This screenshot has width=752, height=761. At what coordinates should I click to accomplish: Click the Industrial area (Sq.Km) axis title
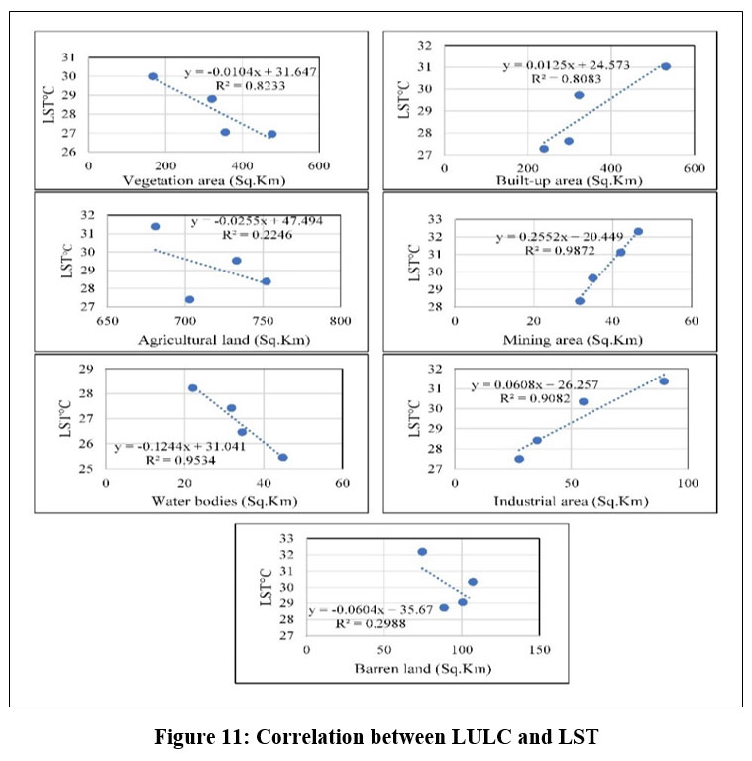(571, 501)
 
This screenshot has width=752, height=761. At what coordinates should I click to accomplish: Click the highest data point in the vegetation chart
(153, 76)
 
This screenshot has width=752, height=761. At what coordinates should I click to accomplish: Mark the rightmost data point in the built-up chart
(666, 66)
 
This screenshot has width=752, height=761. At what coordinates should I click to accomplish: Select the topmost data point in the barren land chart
(422, 552)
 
